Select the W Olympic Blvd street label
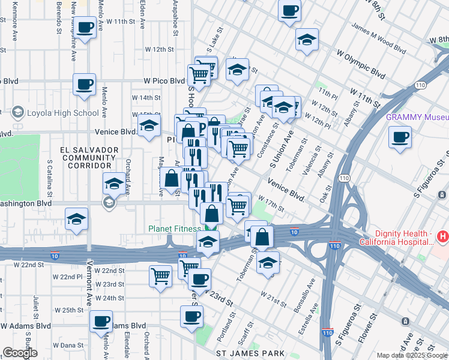[x=361, y=65]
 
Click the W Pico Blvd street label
[x=164, y=80]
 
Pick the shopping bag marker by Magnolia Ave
[x=172, y=178]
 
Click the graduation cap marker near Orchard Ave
[x=113, y=184]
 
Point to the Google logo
[x=20, y=353]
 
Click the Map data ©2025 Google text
[x=411, y=355]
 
